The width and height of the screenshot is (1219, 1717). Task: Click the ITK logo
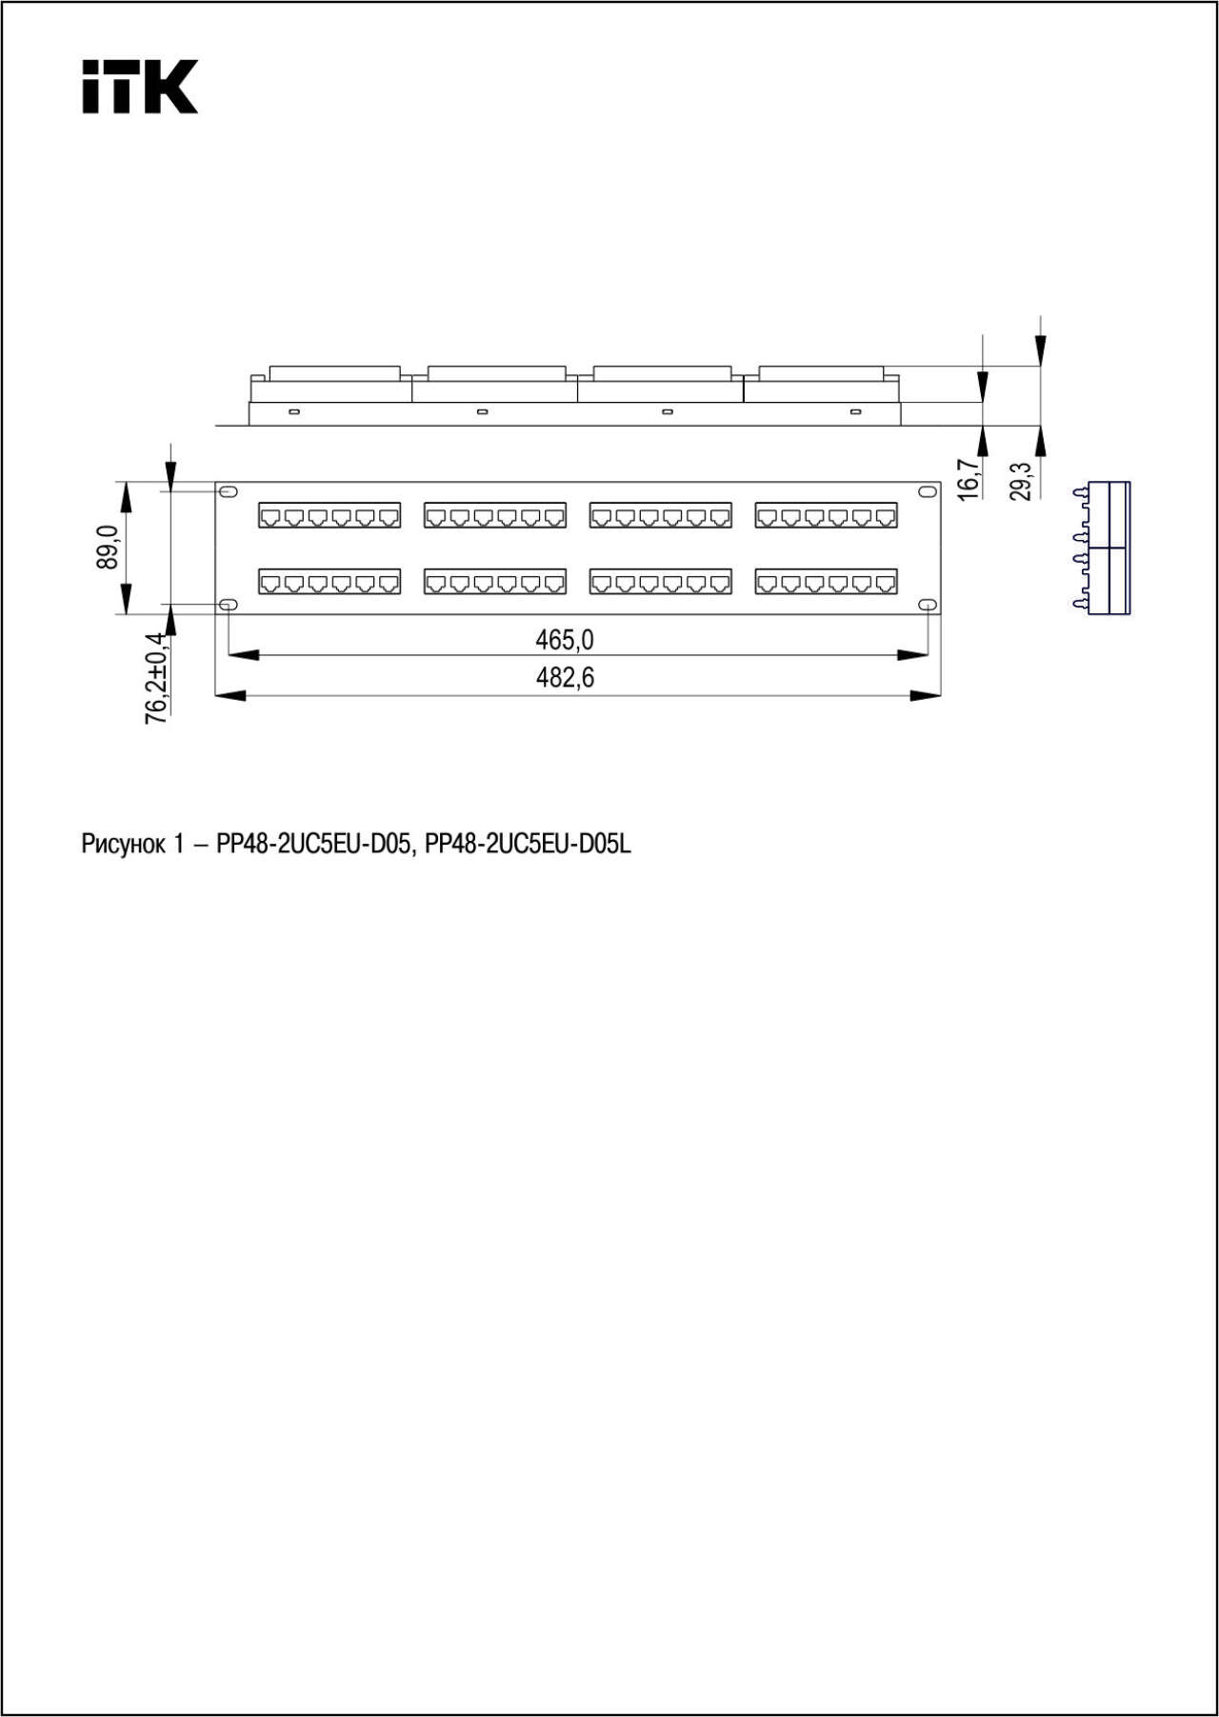coord(140,87)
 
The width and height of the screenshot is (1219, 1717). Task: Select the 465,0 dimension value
coord(565,639)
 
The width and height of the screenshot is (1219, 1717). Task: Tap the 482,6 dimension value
coord(565,678)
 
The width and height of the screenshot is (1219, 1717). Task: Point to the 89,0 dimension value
coord(107,548)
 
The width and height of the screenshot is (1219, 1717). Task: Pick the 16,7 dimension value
coord(968,479)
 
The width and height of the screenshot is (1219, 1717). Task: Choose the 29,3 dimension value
coord(1020,481)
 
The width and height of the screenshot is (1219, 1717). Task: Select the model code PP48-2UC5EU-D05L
coord(528,844)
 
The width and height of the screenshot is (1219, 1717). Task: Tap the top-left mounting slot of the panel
coord(229,491)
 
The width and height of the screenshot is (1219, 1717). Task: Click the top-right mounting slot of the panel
coord(928,491)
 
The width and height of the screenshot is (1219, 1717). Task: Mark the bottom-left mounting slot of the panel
coord(229,605)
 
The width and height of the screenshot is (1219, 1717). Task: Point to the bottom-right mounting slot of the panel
coord(928,605)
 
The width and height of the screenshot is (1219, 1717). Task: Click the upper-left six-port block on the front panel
coord(330,515)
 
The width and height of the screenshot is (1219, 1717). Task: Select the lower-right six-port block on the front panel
coord(827,581)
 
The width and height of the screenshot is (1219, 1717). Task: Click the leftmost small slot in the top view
coord(294,411)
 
